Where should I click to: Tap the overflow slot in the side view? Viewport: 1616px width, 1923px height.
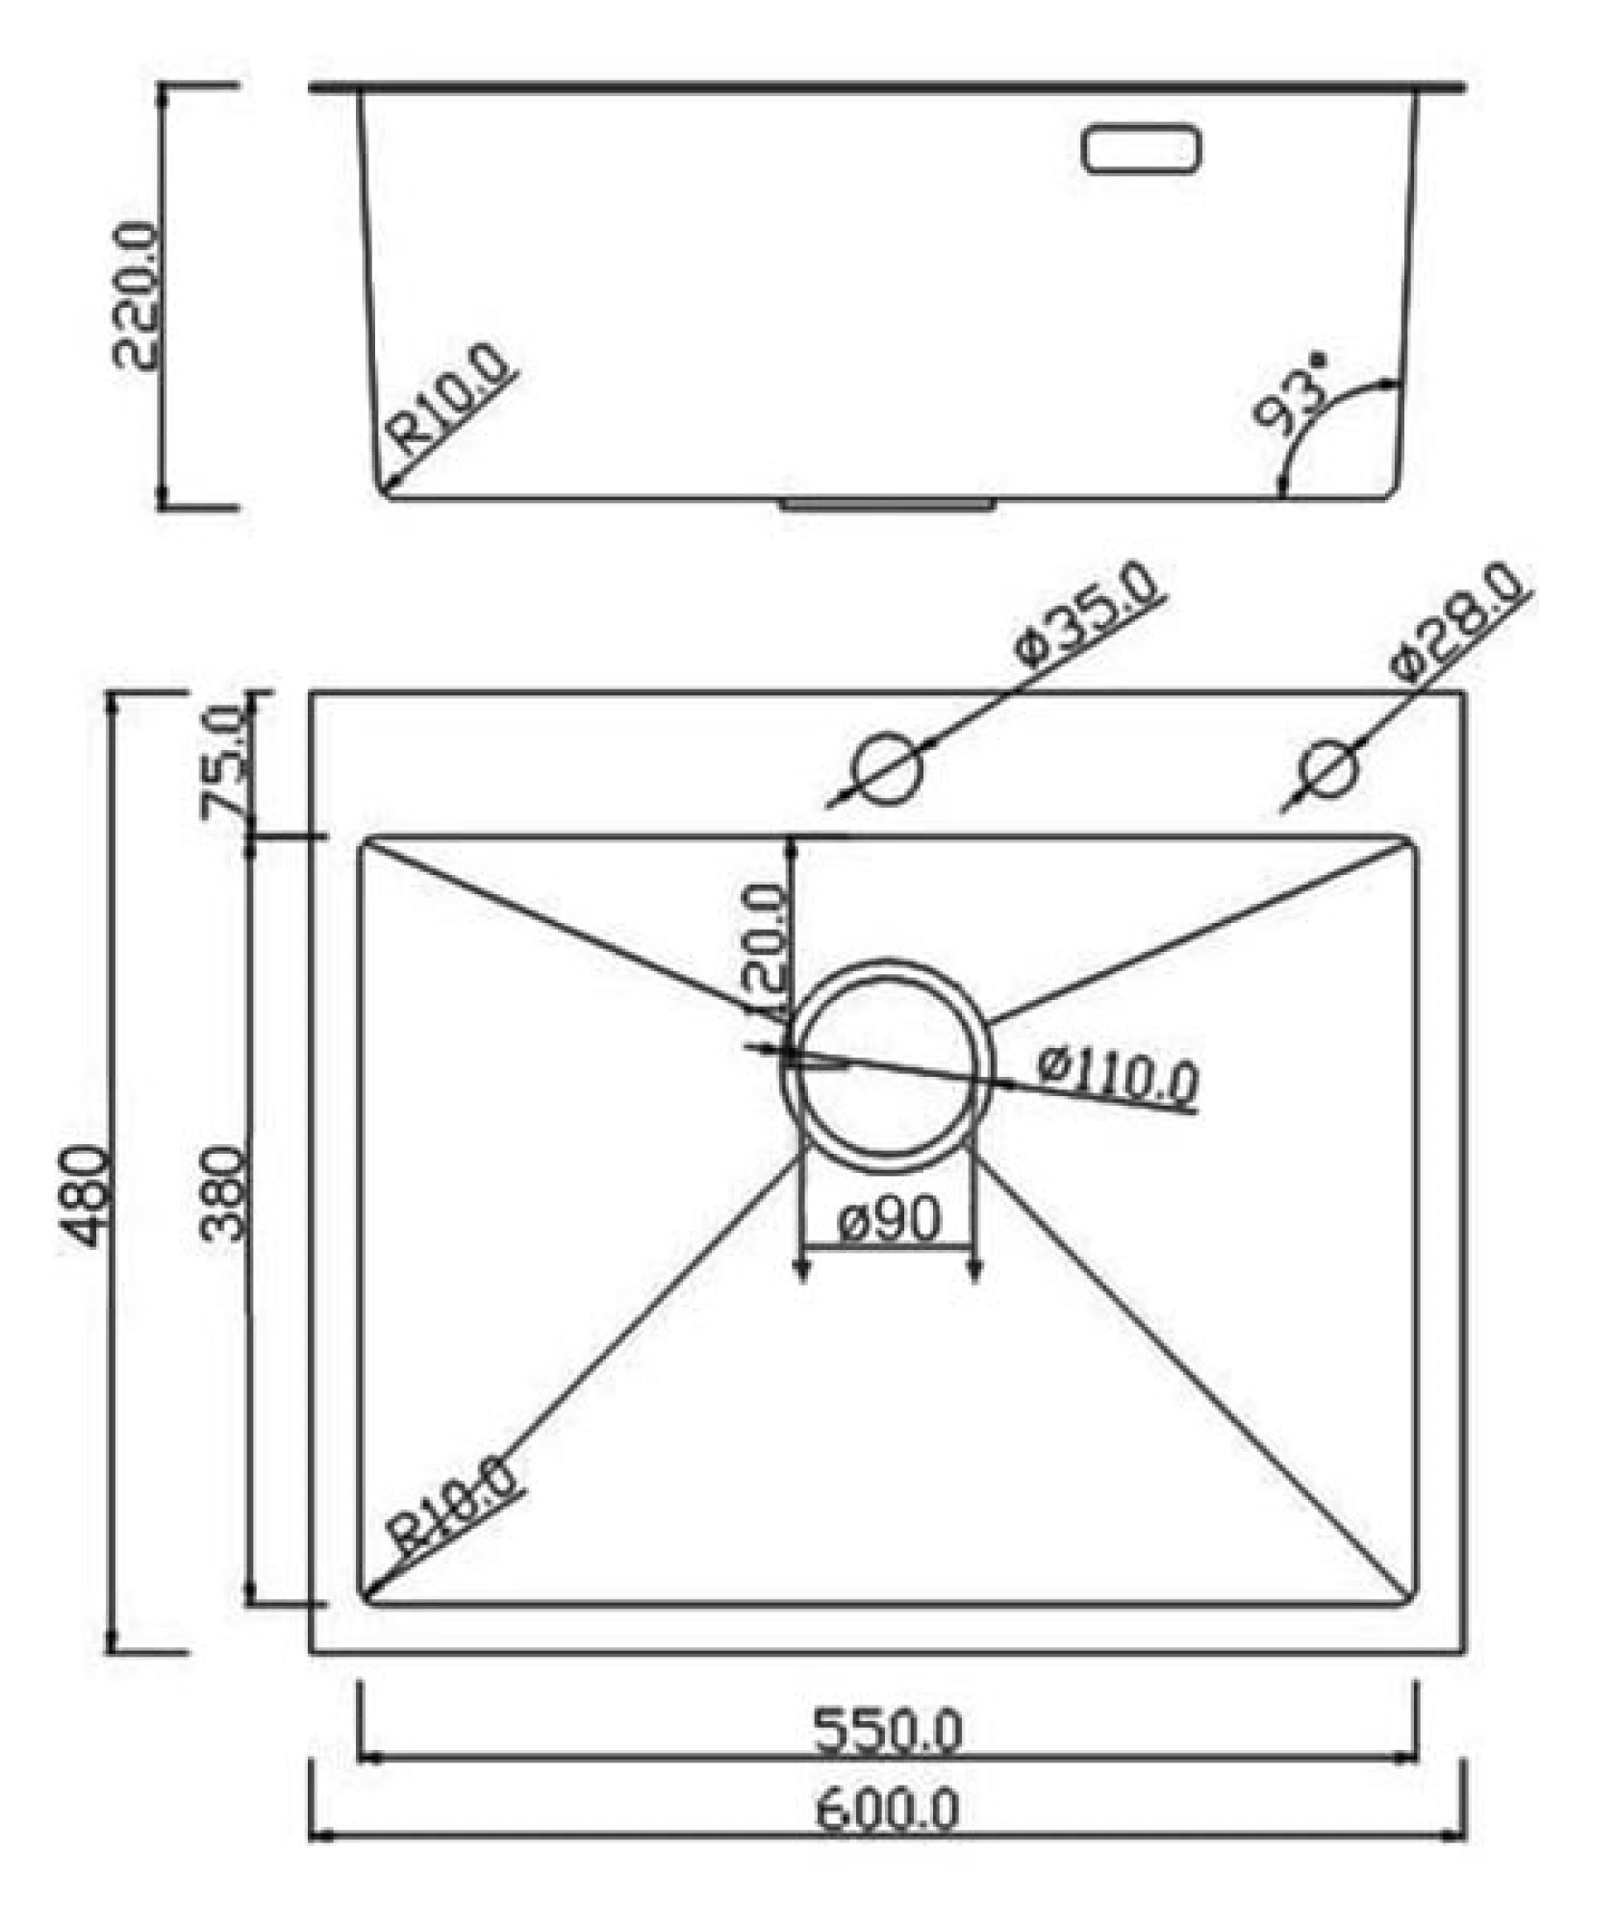(1142, 150)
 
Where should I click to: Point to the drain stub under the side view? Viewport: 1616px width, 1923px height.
(888, 504)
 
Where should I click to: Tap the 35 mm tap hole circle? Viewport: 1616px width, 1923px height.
(887, 768)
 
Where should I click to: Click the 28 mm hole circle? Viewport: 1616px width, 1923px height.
(1330, 769)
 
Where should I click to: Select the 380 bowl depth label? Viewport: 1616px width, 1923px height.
(225, 1193)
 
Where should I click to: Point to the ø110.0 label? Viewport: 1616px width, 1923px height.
(1118, 1076)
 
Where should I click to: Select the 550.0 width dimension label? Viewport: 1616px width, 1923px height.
(887, 1730)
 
